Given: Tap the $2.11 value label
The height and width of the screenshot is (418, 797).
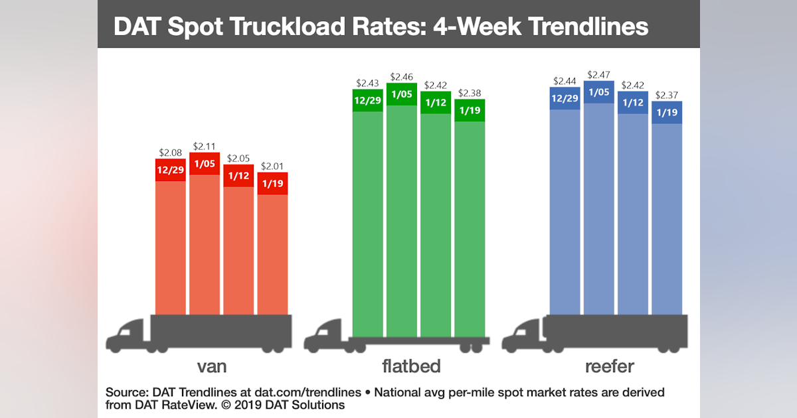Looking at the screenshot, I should click(205, 147).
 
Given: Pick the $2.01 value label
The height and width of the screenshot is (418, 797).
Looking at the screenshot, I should click(272, 167).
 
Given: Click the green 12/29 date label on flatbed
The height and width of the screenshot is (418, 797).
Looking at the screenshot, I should click(367, 100).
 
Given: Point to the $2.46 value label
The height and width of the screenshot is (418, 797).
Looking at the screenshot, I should click(402, 77).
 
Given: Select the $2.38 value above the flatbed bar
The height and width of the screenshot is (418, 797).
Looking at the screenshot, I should click(470, 94).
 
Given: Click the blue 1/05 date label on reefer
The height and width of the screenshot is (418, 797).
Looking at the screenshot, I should click(599, 92).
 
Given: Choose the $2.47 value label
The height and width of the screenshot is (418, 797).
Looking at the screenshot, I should click(599, 75).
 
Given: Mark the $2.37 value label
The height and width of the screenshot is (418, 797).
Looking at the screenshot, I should click(667, 96).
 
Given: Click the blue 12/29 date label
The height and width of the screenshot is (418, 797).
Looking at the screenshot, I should click(565, 98).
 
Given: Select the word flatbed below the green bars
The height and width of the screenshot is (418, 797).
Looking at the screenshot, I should click(412, 366).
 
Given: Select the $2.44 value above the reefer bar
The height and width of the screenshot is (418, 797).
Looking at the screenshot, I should click(565, 81).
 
